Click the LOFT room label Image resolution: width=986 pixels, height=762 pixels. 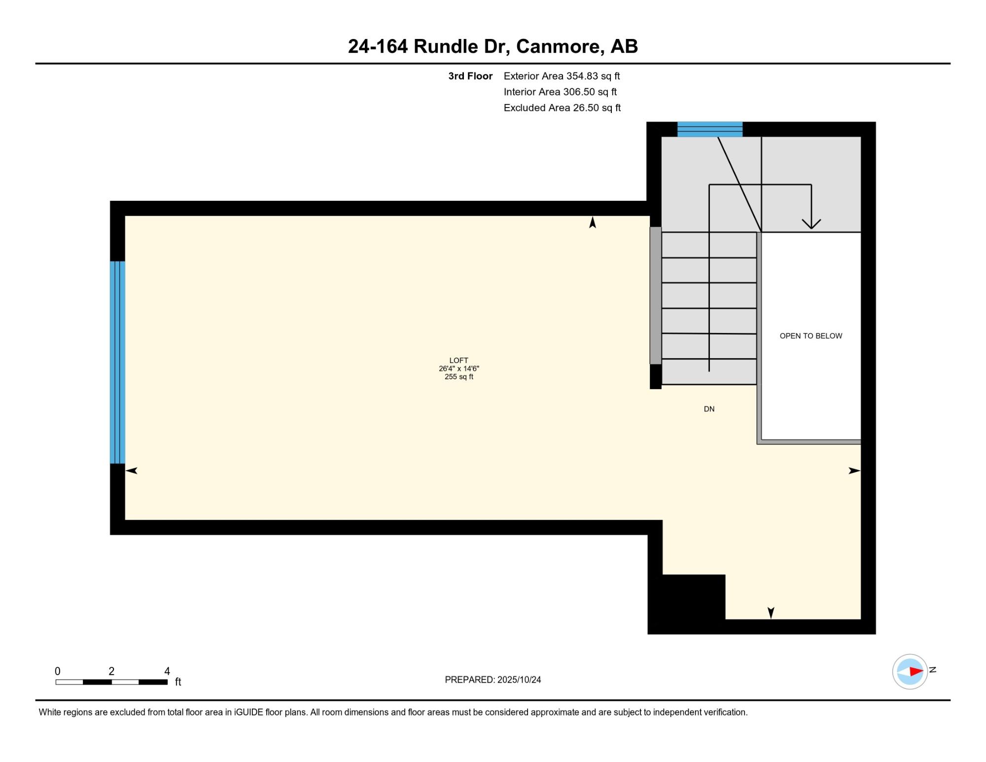(458, 361)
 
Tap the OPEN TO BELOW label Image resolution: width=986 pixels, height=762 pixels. (811, 336)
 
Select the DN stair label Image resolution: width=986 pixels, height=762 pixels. (709, 409)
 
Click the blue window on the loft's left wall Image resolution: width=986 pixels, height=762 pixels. (117, 363)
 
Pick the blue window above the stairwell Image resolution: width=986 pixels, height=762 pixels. (710, 129)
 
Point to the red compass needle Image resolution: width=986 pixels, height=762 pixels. (916, 671)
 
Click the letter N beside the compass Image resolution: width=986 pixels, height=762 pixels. (932, 670)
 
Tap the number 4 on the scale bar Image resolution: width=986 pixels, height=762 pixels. (167, 671)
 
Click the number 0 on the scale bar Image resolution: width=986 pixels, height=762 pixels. (58, 671)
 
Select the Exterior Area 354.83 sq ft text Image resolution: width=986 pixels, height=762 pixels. (562, 76)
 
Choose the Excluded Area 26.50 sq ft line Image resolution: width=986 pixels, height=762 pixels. (562, 108)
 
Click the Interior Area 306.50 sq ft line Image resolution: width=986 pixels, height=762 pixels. (560, 92)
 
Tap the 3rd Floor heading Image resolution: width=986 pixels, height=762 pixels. (470, 76)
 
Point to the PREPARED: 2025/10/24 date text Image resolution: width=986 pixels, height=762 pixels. (493, 680)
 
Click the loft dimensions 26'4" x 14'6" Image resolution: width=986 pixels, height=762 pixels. (459, 368)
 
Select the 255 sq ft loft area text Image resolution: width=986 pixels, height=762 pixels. (459, 377)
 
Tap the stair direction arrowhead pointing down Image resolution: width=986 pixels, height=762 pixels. (811, 224)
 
